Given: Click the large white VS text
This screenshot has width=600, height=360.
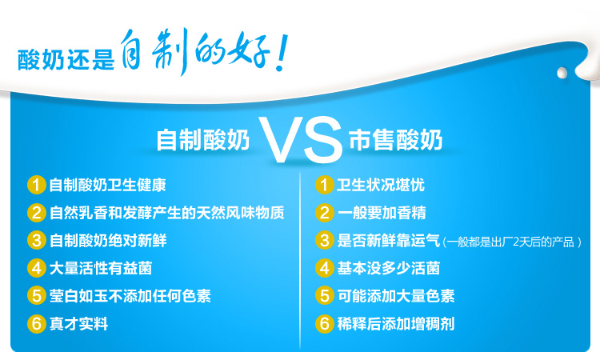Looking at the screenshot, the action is coord(300,140).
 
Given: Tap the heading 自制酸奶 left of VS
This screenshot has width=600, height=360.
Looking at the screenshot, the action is coord(203,140).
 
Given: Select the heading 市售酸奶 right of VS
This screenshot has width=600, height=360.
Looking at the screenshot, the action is coord(396,140).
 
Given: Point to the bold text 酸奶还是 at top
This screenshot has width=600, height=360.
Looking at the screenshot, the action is coord(66,59).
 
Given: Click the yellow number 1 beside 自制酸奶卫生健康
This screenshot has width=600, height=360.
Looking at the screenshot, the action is coord(37,185).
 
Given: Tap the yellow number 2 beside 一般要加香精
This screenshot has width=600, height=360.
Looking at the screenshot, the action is coord(325,213).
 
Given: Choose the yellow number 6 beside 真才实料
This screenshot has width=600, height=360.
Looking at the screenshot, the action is coord(37,324).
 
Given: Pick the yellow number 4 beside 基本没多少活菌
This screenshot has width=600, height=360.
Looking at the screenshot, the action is coord(325,268).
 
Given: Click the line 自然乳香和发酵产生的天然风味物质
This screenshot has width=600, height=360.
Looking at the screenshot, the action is coord(167,213).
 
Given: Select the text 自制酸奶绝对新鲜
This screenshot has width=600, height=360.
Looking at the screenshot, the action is coord(108,241).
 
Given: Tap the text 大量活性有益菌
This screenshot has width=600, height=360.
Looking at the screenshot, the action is coord(101,268).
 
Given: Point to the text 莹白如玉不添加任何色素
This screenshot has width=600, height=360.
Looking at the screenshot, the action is coord(130,296).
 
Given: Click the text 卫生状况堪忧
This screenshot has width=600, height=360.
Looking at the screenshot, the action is coord(381,185).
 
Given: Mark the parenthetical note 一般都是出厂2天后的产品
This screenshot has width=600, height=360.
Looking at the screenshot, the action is coord(512,242).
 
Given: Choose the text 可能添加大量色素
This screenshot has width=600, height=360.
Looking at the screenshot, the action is coord(396,296).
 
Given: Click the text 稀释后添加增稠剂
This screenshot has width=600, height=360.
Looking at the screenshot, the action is coord(396,324).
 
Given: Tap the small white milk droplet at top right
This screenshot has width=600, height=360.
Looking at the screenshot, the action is coord(562,73).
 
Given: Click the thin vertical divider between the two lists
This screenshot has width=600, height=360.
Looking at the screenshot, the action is coord(300,260).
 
